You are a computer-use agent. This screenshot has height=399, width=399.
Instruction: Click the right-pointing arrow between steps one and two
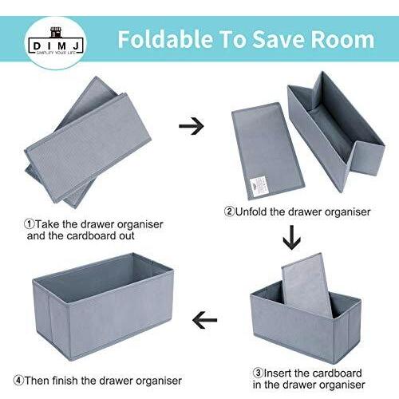click(191, 125)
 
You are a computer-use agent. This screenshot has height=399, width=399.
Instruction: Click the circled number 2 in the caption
click(229, 212)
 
